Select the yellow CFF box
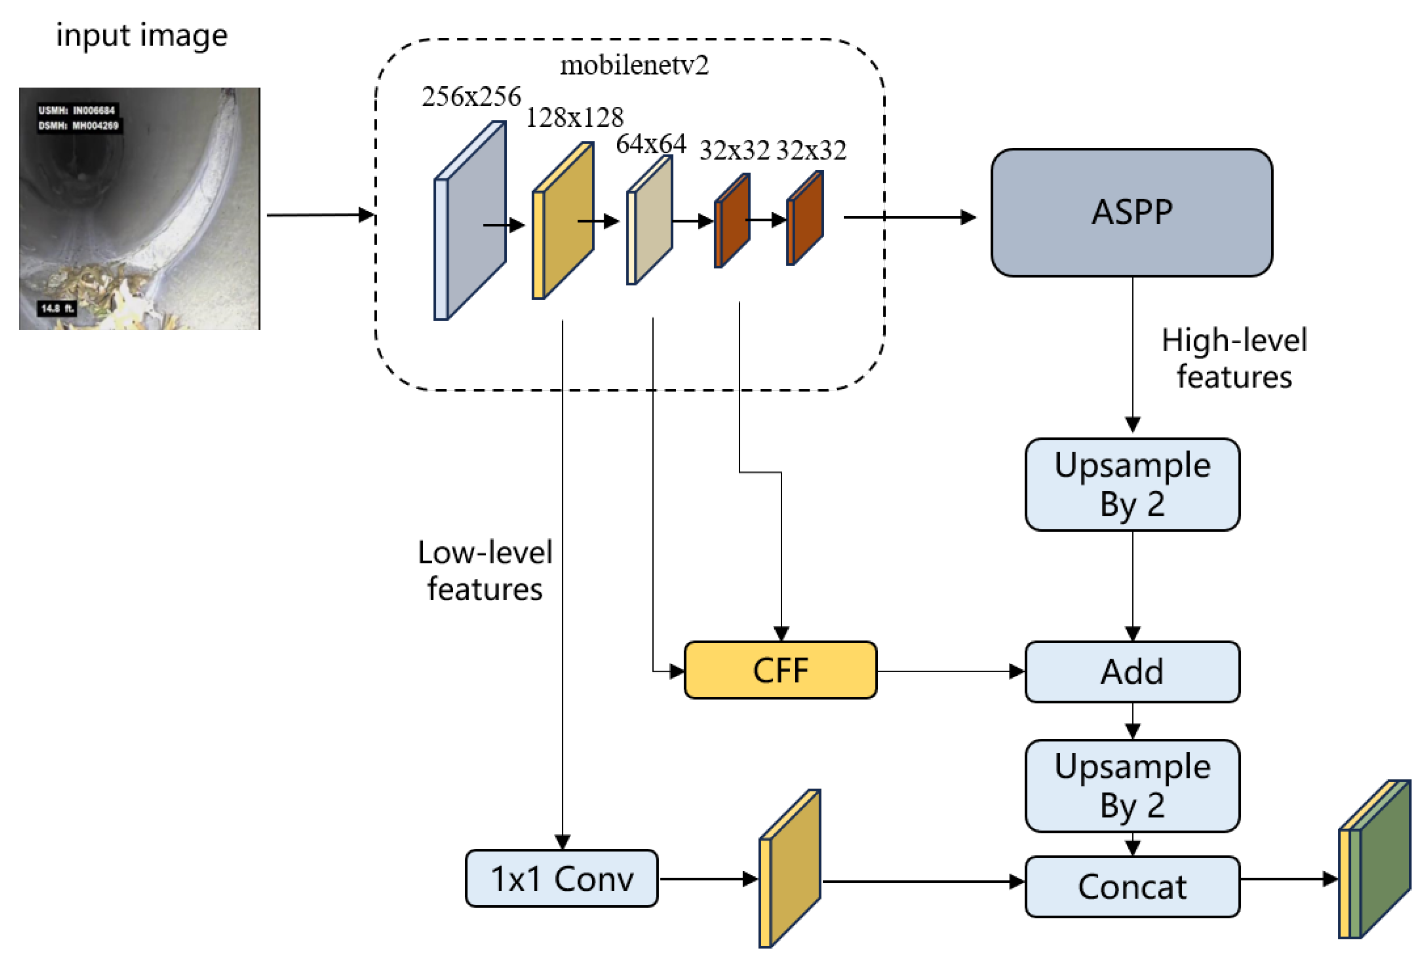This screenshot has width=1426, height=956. coord(780,670)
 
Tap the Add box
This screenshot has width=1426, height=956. coord(1131,671)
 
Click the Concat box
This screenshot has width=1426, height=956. coord(1131,887)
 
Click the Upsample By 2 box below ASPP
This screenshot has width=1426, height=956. coord(1131,484)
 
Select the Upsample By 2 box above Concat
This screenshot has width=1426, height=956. coord(1131,785)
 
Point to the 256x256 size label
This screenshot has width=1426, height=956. coord(471,96)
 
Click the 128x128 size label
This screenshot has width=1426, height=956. coord(574,117)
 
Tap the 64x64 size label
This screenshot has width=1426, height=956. coord(650,144)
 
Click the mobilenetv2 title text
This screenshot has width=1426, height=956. coord(634,65)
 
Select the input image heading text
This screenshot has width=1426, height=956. coord(141,35)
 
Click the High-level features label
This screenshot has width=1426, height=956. coord(1233,358)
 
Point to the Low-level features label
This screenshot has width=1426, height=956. coord(485,570)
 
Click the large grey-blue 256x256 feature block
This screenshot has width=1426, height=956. coord(473,220)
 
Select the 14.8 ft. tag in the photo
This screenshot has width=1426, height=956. coord(57,308)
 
